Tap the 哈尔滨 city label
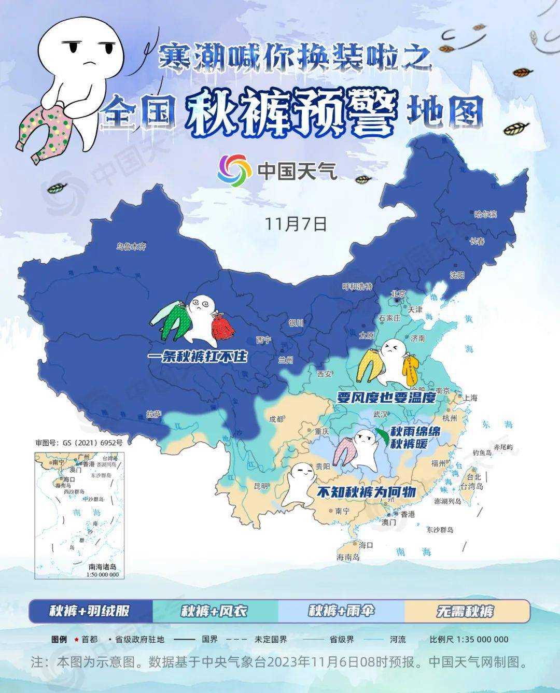point(485,214)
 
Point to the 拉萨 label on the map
point(154,414)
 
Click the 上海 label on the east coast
point(470,398)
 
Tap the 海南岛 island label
point(348,557)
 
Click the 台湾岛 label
point(472,486)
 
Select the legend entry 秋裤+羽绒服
point(89,611)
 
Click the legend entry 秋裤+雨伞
point(340,611)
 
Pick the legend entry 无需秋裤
point(465,611)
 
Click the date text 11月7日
point(296,223)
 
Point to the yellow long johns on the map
point(369,367)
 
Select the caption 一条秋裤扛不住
point(197,357)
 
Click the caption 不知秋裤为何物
point(366,491)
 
